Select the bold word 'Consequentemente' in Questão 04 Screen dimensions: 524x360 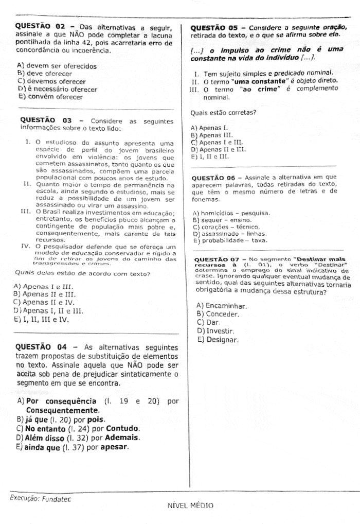(x=62, y=410)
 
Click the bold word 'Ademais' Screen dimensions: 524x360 (x=121, y=438)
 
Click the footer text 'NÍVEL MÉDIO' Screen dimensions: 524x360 (x=190, y=505)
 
